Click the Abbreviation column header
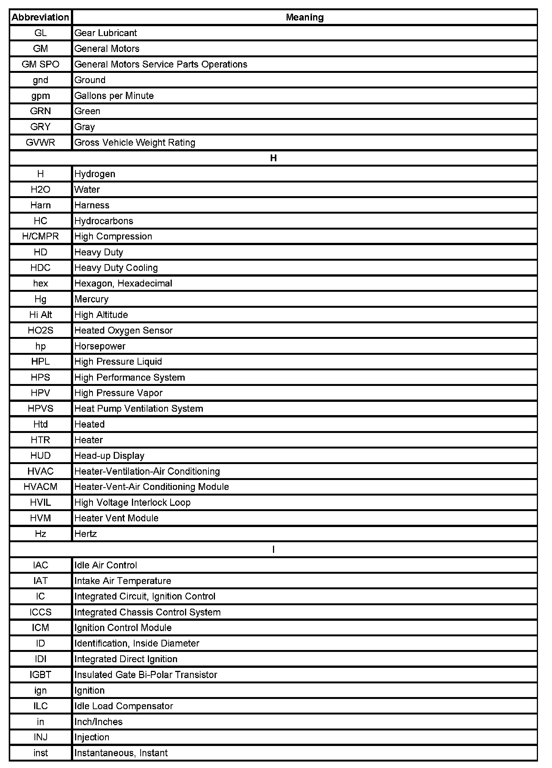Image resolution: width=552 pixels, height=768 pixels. [40, 17]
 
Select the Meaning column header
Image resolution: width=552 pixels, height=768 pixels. [304, 17]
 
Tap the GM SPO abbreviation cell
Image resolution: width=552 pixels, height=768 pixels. [40, 65]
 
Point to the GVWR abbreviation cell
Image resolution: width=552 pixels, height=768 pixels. [40, 143]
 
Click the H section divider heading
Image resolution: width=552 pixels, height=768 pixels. [273, 158]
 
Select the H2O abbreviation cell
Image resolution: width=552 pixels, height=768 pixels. [40, 190]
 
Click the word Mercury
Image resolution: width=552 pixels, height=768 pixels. [91, 299]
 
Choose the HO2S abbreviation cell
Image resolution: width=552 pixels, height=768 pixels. [40, 330]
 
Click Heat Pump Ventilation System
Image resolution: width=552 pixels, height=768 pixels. [139, 409]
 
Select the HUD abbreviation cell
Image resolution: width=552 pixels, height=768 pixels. [40, 456]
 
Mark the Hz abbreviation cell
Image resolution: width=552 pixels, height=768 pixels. [40, 534]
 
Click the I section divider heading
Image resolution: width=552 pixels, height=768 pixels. [273, 549]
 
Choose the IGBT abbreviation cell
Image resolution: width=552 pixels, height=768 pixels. [40, 675]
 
